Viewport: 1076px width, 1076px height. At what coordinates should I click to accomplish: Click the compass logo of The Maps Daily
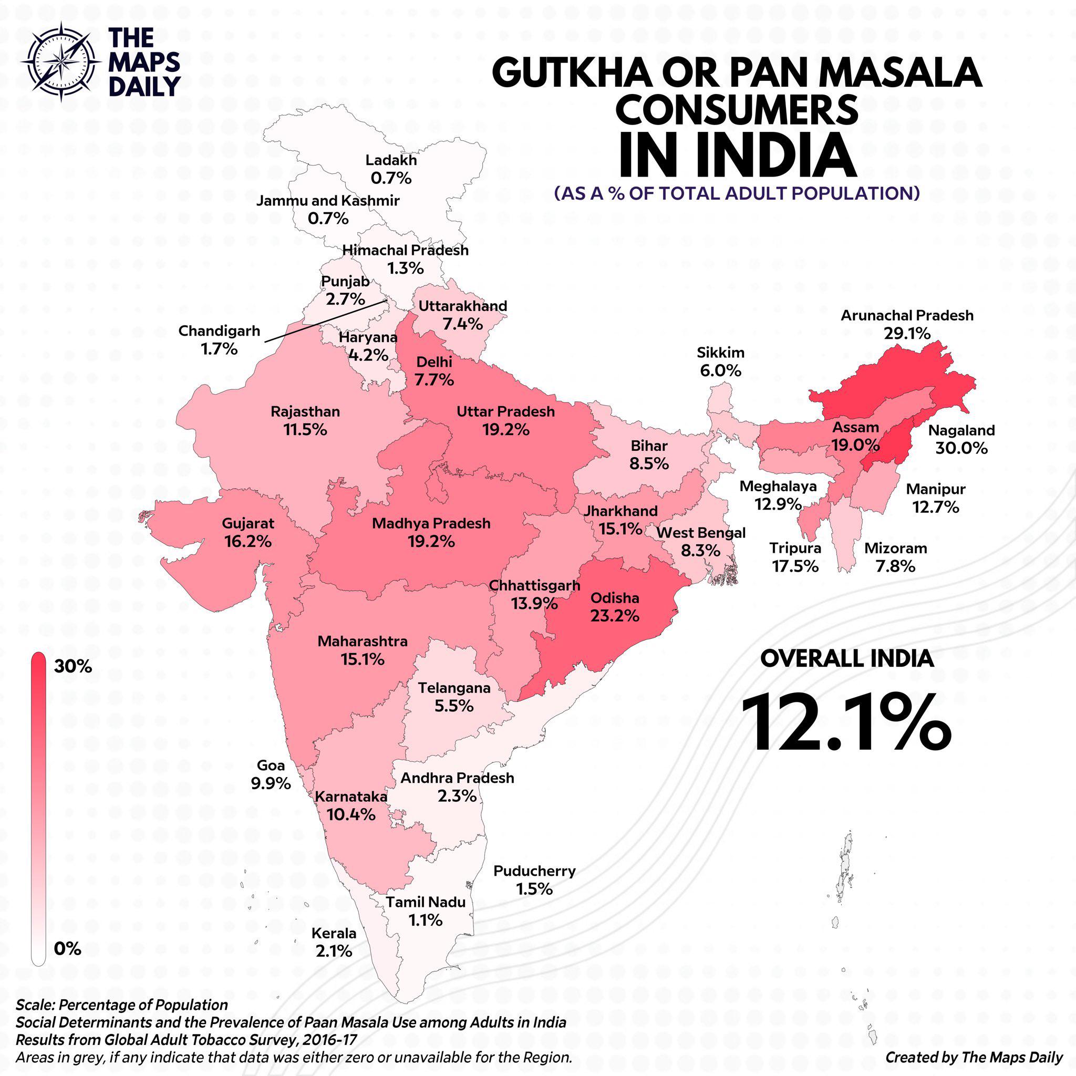(61, 61)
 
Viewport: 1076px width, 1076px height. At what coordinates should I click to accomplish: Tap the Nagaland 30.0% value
(961, 448)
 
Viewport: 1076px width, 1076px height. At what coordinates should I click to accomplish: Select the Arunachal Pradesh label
(907, 315)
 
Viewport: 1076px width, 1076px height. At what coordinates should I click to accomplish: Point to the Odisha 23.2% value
(615, 616)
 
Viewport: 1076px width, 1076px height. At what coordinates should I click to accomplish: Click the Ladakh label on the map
(391, 160)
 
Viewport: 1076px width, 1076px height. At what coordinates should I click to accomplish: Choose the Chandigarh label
(219, 331)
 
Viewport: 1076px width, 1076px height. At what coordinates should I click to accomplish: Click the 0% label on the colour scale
(67, 948)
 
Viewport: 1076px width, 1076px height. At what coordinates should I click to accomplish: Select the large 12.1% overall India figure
(846, 722)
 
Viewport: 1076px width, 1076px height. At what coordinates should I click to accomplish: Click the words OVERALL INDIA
(846, 659)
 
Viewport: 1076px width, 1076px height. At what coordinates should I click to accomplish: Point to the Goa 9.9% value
(271, 783)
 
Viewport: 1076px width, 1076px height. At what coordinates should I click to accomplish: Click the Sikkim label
(721, 353)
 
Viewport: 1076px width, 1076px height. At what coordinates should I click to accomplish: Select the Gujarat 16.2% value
(248, 541)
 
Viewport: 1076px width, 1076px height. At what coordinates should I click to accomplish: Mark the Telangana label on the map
(454, 688)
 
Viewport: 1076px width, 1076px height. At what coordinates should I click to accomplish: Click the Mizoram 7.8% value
(895, 566)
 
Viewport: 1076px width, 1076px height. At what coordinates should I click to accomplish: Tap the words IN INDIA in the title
(737, 155)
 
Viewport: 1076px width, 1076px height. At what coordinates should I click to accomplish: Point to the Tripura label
(795, 548)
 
